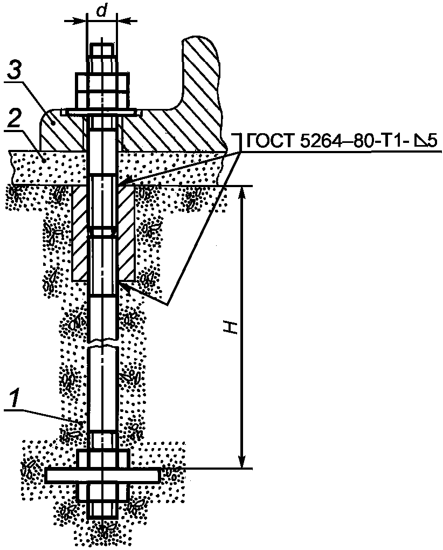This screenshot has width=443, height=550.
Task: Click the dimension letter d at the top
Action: [x=102, y=11]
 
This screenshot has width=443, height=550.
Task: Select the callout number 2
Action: [x=13, y=120]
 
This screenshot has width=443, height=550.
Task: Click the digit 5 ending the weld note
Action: [x=433, y=141]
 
